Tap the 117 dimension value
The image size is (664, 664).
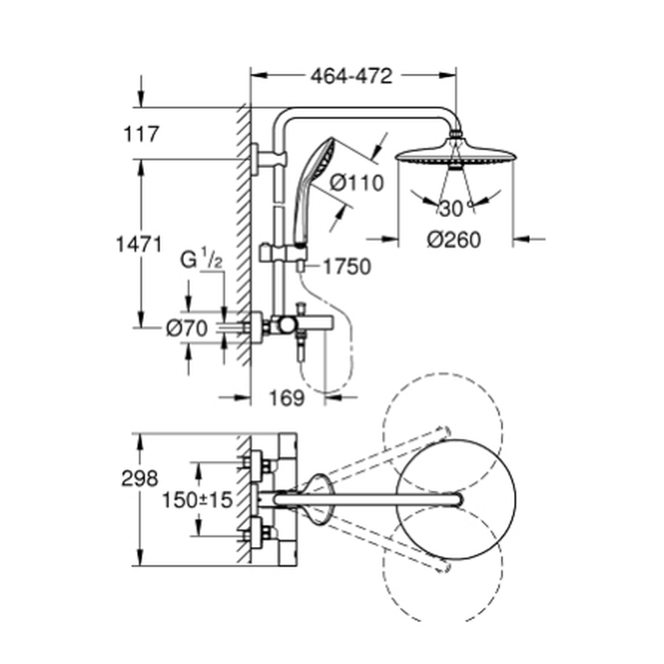[x=141, y=134]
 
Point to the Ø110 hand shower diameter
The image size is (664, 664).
[x=357, y=182]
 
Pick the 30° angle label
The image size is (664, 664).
[x=452, y=208]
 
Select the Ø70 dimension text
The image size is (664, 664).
[x=188, y=327]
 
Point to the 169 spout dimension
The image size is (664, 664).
[x=287, y=398]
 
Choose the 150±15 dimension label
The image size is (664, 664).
[x=197, y=499]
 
